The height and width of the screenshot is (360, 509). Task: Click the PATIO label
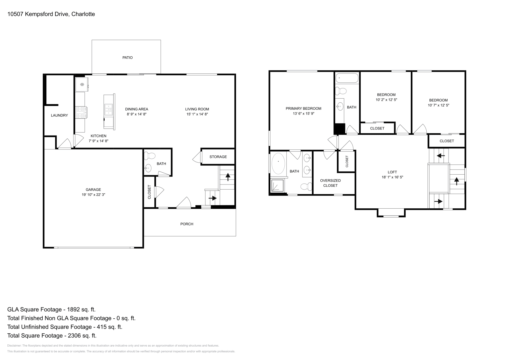pyautogui.click(x=128, y=58)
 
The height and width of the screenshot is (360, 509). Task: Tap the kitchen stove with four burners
pyautogui.click(x=81, y=112)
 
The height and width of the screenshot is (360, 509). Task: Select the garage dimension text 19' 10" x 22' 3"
pyautogui.click(x=93, y=195)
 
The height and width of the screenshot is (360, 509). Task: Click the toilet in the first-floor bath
pyautogui.click(x=150, y=156)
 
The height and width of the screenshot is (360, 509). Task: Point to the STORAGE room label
pyautogui.click(x=218, y=157)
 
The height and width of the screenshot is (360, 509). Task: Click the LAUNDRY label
pyautogui.click(x=59, y=115)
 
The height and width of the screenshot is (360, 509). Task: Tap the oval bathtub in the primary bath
pyautogui.click(x=278, y=163)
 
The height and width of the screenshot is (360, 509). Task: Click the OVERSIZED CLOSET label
pyautogui.click(x=330, y=183)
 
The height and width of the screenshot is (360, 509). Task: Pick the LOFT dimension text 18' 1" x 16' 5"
pyautogui.click(x=392, y=177)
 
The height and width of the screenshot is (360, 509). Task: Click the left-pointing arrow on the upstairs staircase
pyautogui.click(x=441, y=156)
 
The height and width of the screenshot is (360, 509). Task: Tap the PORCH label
pyautogui.click(x=187, y=224)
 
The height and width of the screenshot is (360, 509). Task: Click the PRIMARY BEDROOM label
pyautogui.click(x=303, y=108)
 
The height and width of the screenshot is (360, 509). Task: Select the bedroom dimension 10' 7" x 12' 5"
pyautogui.click(x=438, y=105)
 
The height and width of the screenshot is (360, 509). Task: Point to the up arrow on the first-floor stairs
pyautogui.click(x=228, y=176)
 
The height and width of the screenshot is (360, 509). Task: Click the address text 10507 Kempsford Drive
pyautogui.click(x=38, y=14)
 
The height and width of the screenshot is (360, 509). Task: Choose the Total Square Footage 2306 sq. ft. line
pyautogui.click(x=52, y=336)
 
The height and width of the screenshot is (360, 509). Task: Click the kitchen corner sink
pyautogui.click(x=82, y=84)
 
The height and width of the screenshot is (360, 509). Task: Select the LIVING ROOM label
pyautogui.click(x=197, y=109)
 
